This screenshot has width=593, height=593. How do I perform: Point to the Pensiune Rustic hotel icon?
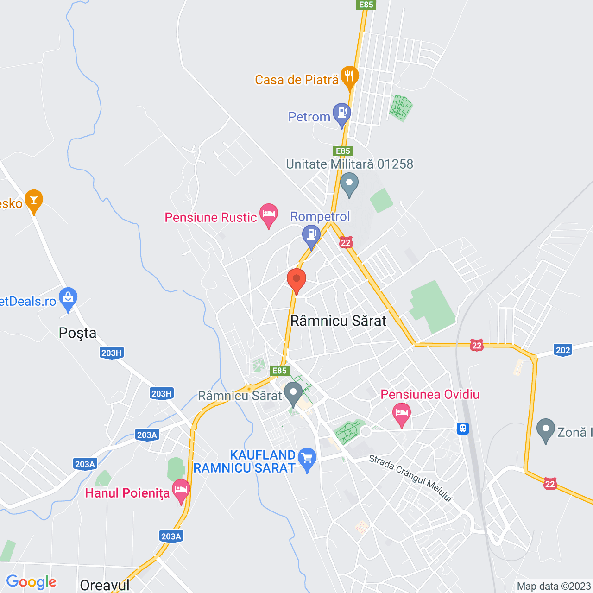pyautogui.click(x=268, y=214)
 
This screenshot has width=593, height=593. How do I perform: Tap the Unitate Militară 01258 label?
pyautogui.click(x=349, y=164)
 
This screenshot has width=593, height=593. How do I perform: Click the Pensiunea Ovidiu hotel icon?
pyautogui.click(x=402, y=413)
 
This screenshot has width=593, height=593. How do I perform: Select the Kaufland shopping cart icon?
pyautogui.click(x=307, y=459)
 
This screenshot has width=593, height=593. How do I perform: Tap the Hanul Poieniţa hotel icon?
pyautogui.click(x=181, y=490)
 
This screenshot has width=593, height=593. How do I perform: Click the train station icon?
pyautogui.click(x=463, y=429)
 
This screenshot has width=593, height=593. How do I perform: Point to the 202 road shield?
pyautogui.click(x=563, y=350)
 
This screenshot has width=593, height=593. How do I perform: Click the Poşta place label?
pyautogui.click(x=78, y=333)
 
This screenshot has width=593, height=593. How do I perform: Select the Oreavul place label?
pyautogui.click(x=105, y=585)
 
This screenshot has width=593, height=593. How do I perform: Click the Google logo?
pyautogui.click(x=32, y=582)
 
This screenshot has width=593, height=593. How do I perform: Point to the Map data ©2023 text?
pyautogui.click(x=554, y=586)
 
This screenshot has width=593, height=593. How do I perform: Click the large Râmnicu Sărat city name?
pyautogui.click(x=338, y=321)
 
